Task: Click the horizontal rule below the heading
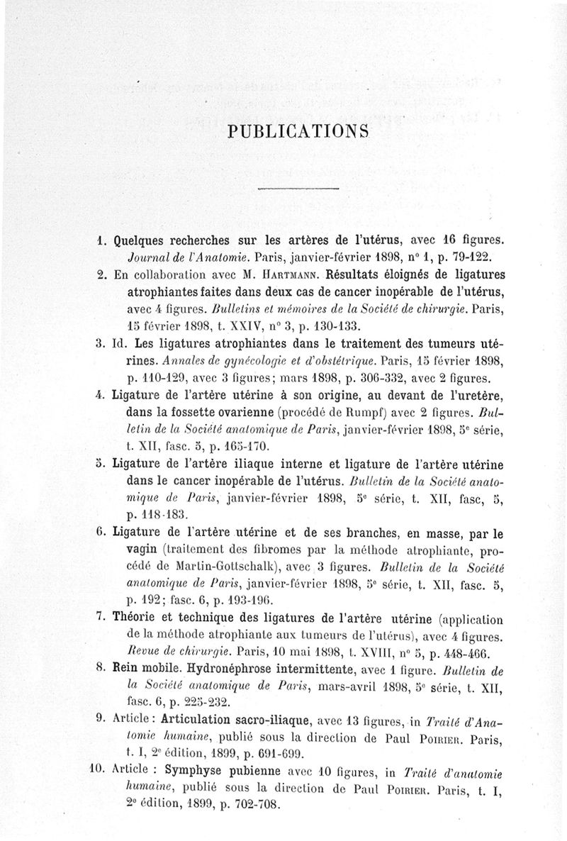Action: click(x=297, y=189)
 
